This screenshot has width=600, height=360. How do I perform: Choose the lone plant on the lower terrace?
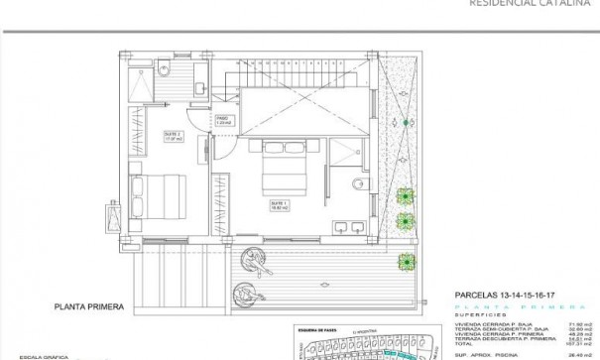406,262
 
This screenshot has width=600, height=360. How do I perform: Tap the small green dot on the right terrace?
406,123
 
